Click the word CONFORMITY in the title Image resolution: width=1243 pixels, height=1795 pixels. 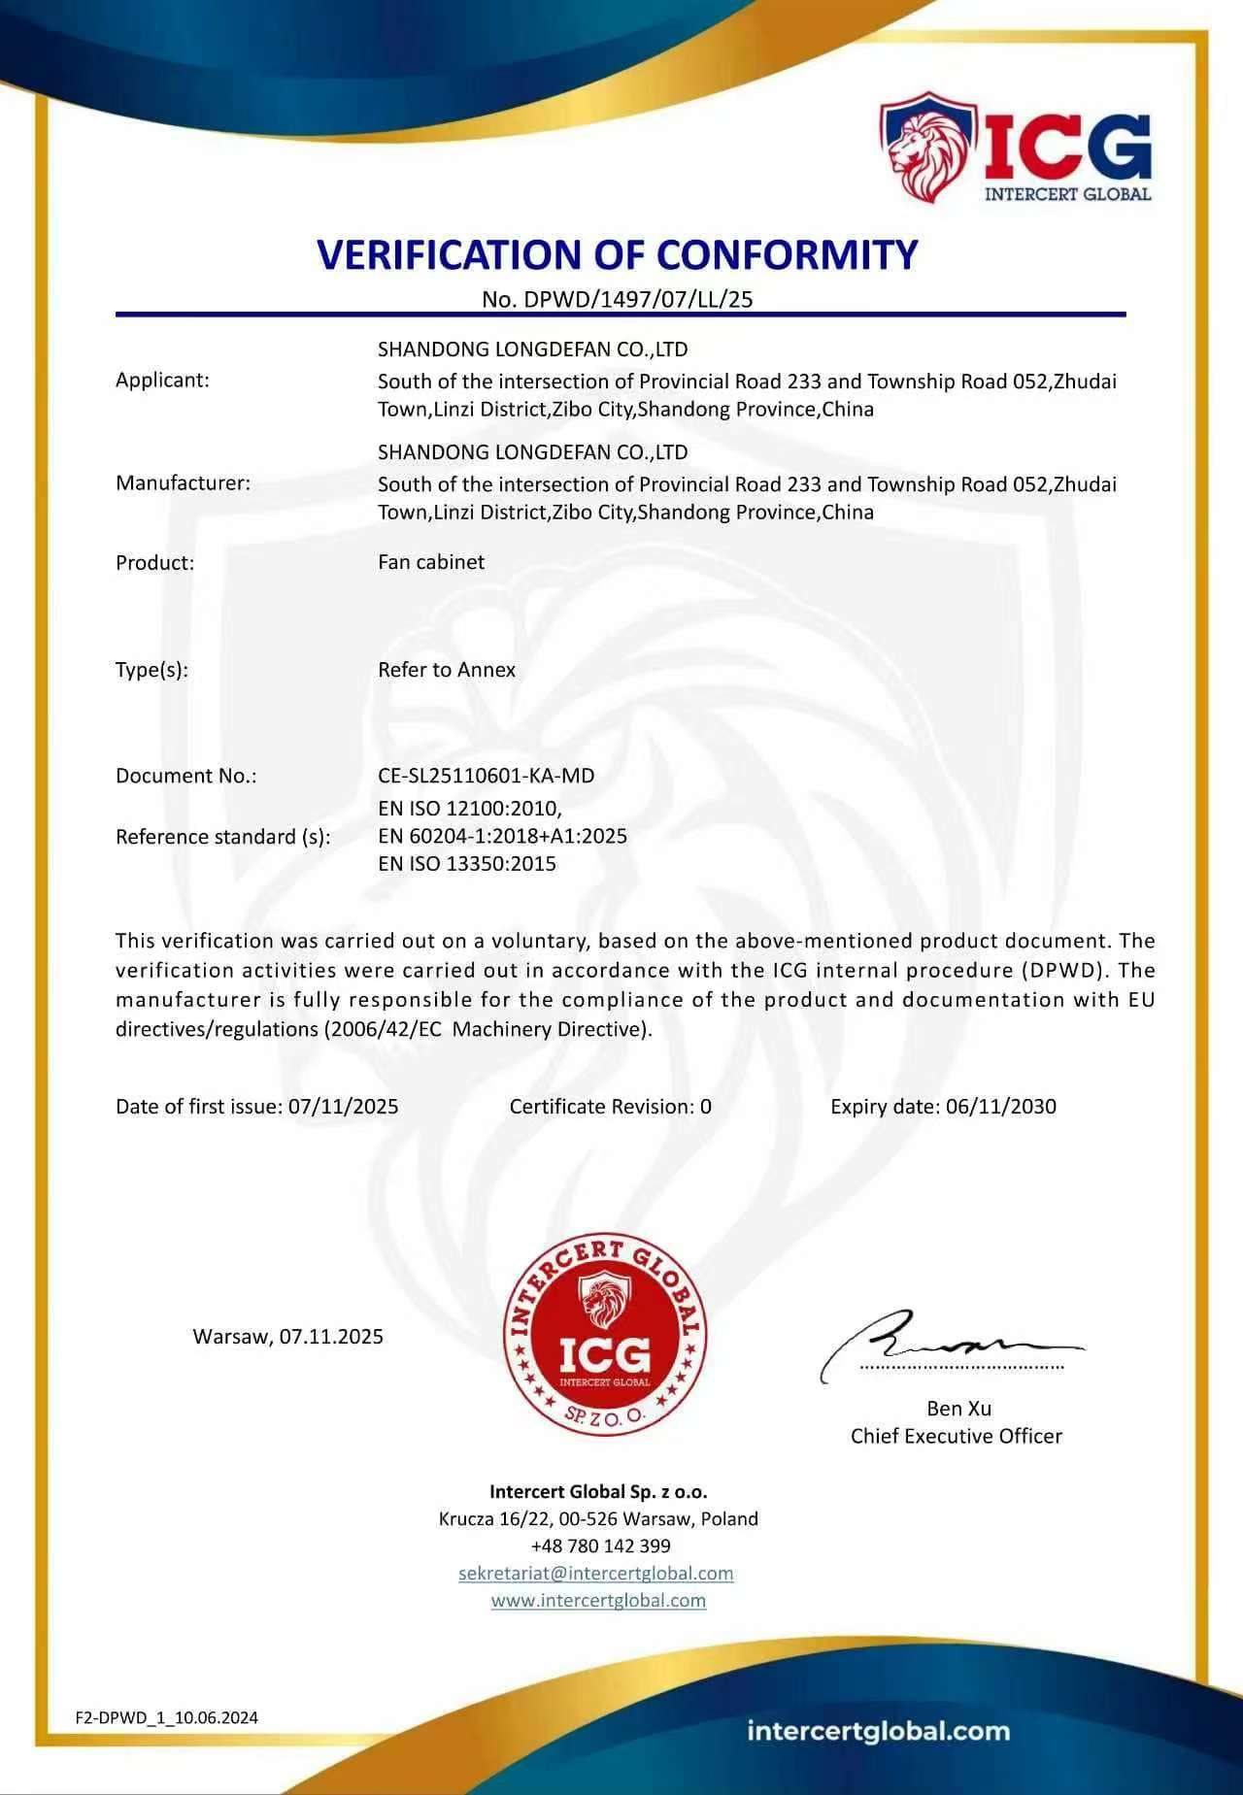pyautogui.click(x=787, y=254)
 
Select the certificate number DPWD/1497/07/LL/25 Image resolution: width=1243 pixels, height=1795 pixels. pyautogui.click(x=638, y=299)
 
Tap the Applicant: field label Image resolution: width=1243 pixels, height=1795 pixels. pyautogui.click(x=162, y=380)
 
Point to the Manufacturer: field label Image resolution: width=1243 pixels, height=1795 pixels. pyautogui.click(x=183, y=482)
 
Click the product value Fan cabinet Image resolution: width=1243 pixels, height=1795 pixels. pyautogui.click(x=431, y=562)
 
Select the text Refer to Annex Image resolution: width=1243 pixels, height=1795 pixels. pyautogui.click(x=447, y=670)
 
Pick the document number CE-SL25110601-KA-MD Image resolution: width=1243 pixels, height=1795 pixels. pyautogui.click(x=486, y=776)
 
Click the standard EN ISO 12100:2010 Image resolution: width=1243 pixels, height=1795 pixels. pyautogui.click(x=470, y=808)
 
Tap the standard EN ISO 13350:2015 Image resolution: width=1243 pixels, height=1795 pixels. pyautogui.click(x=467, y=864)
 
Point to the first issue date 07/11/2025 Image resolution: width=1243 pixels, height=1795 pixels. pyautogui.click(x=343, y=1107)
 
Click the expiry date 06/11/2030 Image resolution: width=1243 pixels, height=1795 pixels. pyautogui.click(x=1000, y=1107)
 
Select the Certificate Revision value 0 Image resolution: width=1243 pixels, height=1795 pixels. pyautogui.click(x=706, y=1107)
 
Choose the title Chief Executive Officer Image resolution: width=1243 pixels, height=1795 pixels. pyautogui.click(x=957, y=1436)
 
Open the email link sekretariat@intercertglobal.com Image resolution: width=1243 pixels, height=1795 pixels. pyautogui.click(x=596, y=1573)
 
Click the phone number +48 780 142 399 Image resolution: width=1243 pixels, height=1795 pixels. pyautogui.click(x=600, y=1546)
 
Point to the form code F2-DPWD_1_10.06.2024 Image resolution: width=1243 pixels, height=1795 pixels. pyautogui.click(x=167, y=1717)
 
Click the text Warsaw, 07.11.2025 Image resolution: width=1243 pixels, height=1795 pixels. pyautogui.click(x=288, y=1337)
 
